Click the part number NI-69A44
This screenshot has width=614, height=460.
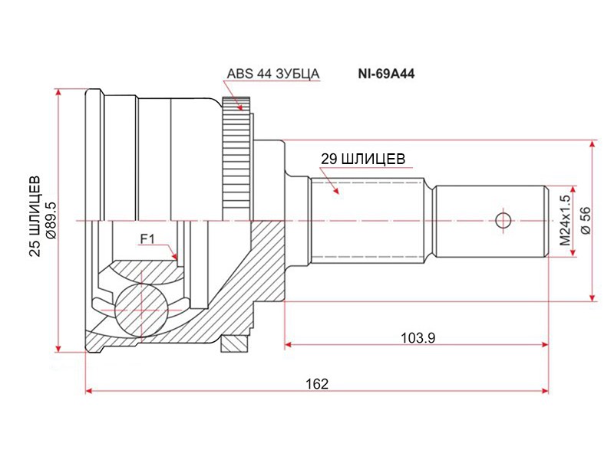(386, 74)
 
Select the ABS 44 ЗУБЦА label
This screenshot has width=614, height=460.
(273, 74)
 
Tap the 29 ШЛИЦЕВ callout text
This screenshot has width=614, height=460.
(363, 159)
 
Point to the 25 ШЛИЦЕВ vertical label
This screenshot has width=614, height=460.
(35, 216)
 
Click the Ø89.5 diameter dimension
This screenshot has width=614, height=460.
(51, 221)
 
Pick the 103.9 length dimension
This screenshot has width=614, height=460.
(418, 337)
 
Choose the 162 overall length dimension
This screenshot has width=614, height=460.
(317, 384)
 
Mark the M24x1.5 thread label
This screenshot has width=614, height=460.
(565, 220)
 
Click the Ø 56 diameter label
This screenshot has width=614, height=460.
(586, 221)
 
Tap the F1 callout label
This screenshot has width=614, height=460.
(147, 238)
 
